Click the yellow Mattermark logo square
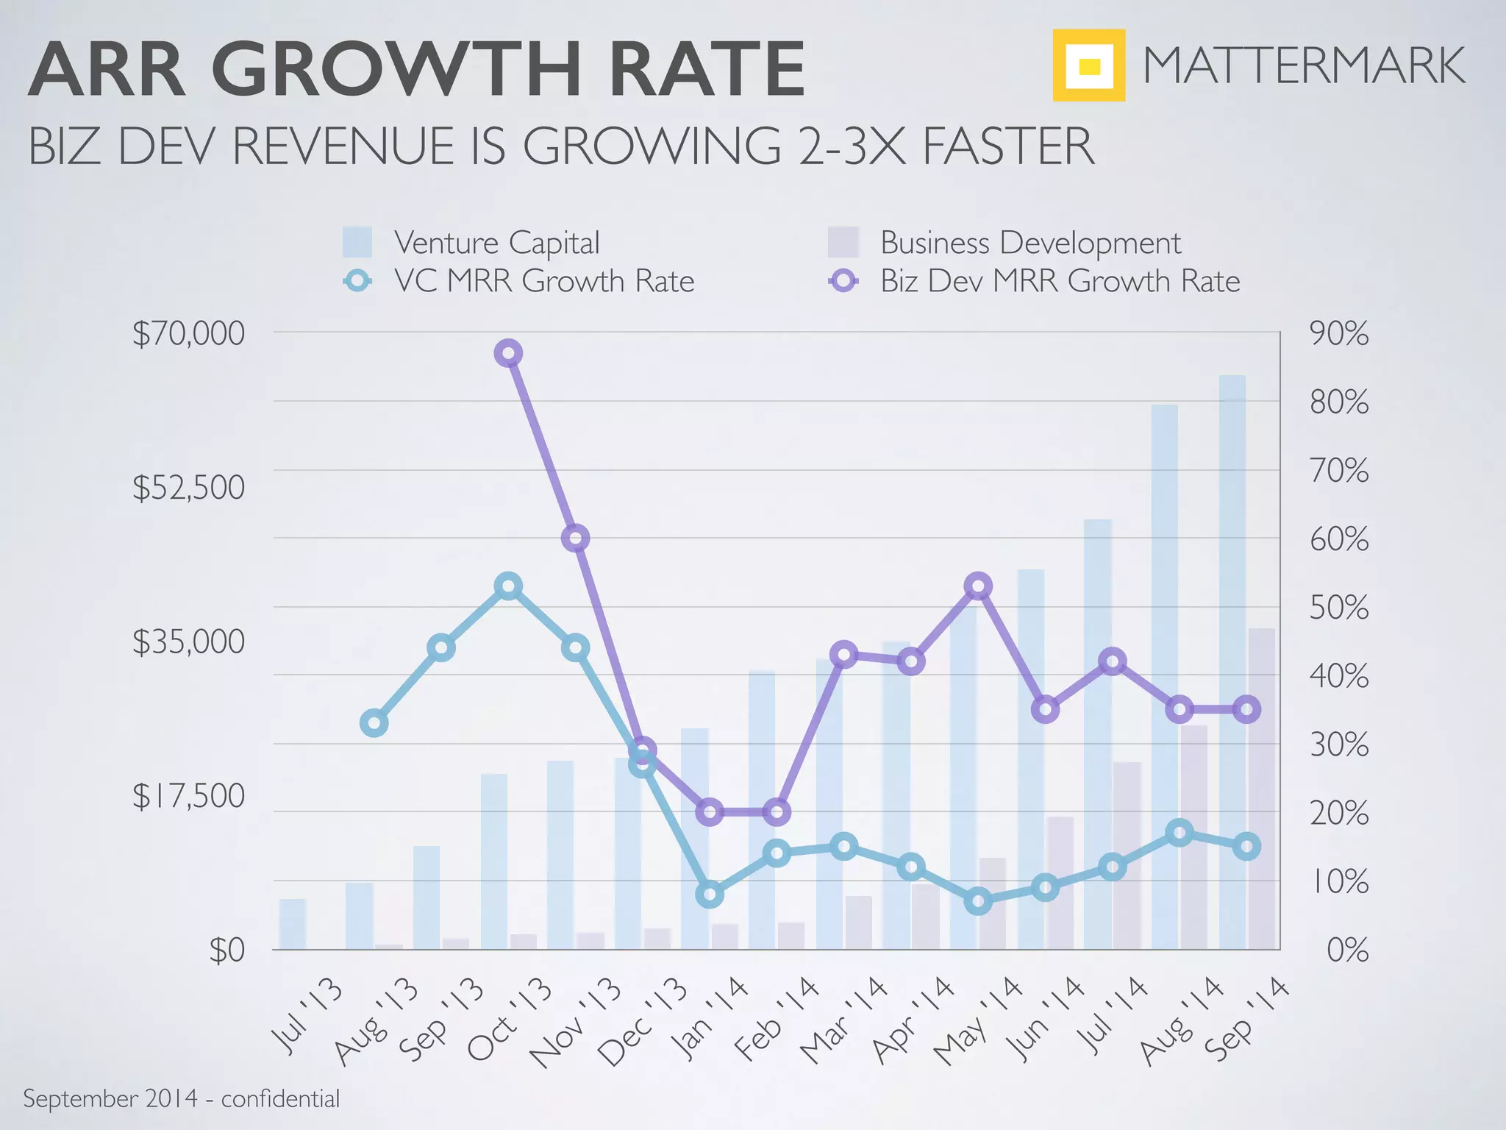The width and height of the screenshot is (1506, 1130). click(1088, 65)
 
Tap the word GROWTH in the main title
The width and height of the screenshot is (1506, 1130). click(396, 71)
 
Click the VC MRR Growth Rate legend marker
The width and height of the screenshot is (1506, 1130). click(358, 281)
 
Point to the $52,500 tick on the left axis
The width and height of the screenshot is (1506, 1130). click(188, 487)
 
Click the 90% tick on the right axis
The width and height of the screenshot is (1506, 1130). click(1338, 333)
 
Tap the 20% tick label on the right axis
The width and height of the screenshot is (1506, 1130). click(1338, 814)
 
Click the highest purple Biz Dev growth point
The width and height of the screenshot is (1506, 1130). click(508, 354)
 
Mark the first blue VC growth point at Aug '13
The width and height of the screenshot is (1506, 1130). click(374, 723)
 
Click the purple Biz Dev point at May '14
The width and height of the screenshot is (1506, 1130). click(978, 586)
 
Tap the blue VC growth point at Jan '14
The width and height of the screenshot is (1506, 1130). click(710, 895)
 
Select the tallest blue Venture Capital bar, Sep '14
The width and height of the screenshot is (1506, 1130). click(1232, 662)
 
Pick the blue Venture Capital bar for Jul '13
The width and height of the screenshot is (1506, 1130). click(293, 924)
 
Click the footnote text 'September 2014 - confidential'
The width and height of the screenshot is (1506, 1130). click(181, 1099)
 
